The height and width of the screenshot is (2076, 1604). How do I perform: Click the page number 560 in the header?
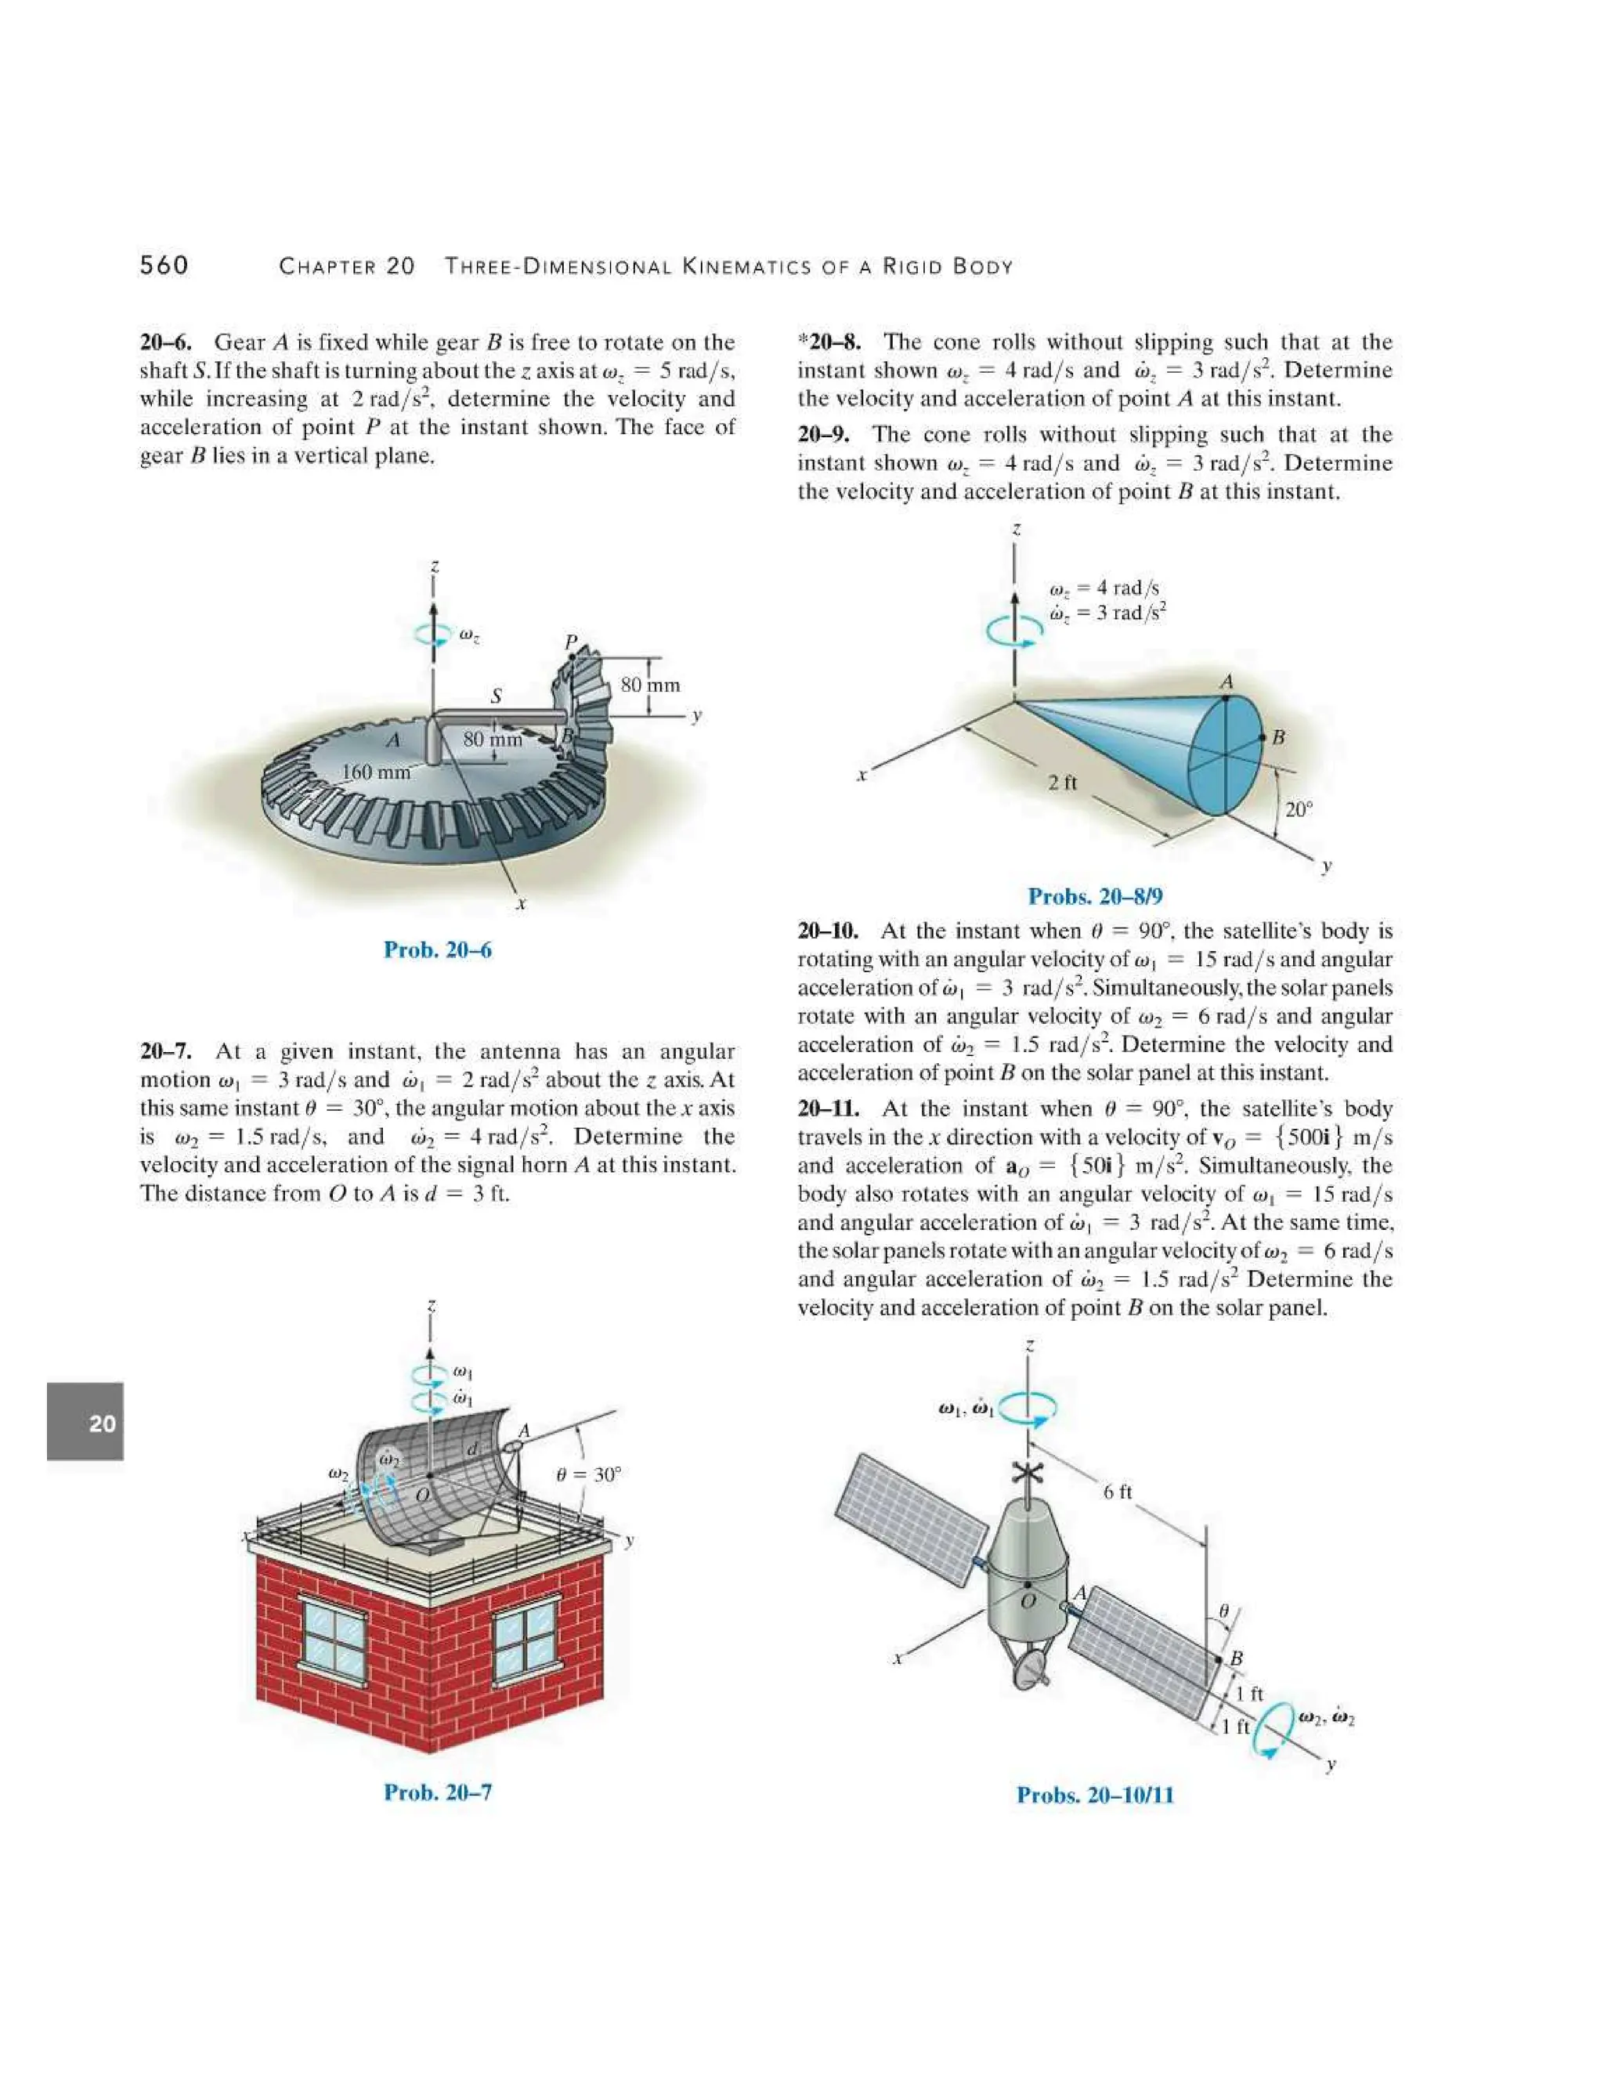pyautogui.click(x=164, y=266)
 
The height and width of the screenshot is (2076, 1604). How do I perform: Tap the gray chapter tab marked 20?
pyautogui.click(x=85, y=1422)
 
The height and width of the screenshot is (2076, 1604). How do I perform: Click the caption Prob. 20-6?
pyautogui.click(x=437, y=949)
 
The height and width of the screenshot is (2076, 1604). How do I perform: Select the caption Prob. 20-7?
pyautogui.click(x=437, y=1792)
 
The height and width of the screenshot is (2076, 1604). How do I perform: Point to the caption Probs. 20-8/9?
pyautogui.click(x=1095, y=896)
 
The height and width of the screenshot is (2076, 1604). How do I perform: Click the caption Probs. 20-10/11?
pyautogui.click(x=1095, y=1796)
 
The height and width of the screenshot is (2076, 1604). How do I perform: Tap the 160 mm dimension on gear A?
pyautogui.click(x=376, y=772)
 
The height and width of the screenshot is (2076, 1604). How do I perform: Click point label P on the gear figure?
pyautogui.click(x=570, y=642)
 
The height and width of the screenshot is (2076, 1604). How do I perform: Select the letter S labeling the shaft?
pyautogui.click(x=495, y=696)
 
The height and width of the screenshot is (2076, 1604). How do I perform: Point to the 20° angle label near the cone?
pyautogui.click(x=1298, y=810)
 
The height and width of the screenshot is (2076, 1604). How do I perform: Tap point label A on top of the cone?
pyautogui.click(x=1226, y=682)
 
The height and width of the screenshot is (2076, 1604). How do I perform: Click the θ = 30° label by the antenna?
pyautogui.click(x=588, y=1475)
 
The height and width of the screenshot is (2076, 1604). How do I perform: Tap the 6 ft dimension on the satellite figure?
pyautogui.click(x=1118, y=1492)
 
